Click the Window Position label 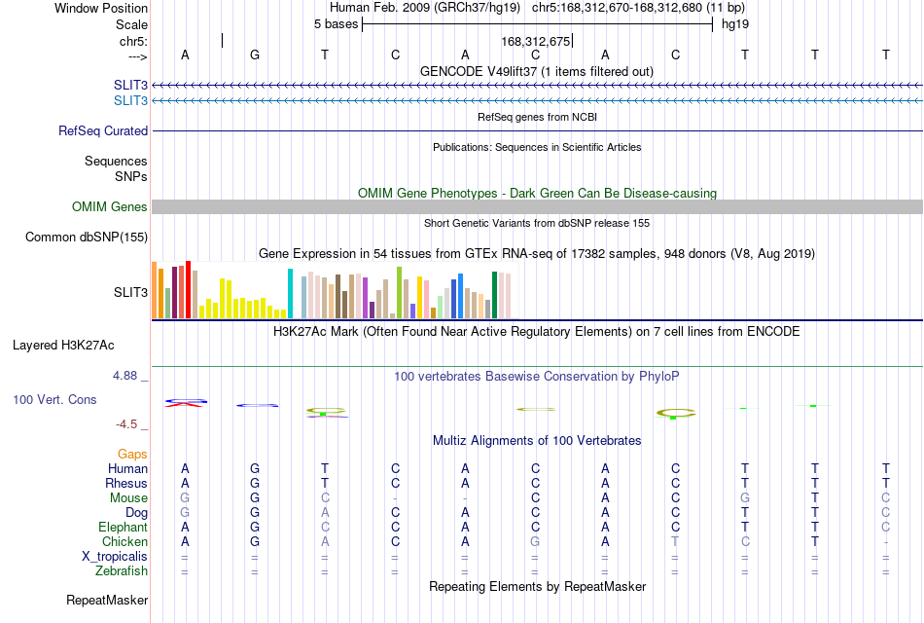click(101, 8)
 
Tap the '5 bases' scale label click(336, 24)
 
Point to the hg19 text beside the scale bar click(735, 24)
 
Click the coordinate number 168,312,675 click(536, 41)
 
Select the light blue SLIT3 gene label click(131, 101)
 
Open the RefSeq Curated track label click(103, 131)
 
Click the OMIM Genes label click(110, 207)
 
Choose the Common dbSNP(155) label click(87, 238)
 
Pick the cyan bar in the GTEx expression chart click(290, 293)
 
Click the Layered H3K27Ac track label click(63, 346)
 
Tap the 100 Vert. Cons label click(54, 399)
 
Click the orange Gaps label click(132, 454)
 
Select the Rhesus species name click(126, 483)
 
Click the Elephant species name click(124, 527)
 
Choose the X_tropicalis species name click(115, 557)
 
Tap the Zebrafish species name click(122, 571)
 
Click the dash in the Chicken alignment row click(886, 542)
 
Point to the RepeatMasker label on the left click(107, 600)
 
